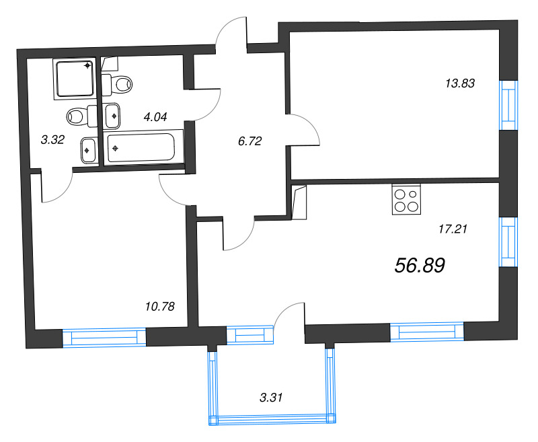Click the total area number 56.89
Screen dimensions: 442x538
pyautogui.click(x=420, y=266)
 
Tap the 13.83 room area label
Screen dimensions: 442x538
pyautogui.click(x=460, y=84)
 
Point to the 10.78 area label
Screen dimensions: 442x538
pyautogui.click(x=159, y=307)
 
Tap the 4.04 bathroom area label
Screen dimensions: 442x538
pyautogui.click(x=155, y=116)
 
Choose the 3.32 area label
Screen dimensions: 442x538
pyautogui.click(x=52, y=140)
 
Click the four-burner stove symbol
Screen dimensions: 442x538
pyautogui.click(x=406, y=200)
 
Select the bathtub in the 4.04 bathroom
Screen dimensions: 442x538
pyautogui.click(x=145, y=146)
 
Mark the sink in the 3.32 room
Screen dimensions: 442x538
pyautogui.click(x=89, y=150)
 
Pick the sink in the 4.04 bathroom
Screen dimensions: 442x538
pyautogui.click(x=113, y=115)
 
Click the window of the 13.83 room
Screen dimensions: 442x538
pyautogui.click(x=509, y=104)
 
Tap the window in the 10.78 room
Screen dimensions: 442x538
pyautogui.click(x=104, y=338)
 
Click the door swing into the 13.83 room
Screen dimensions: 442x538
pyautogui.click(x=307, y=131)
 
